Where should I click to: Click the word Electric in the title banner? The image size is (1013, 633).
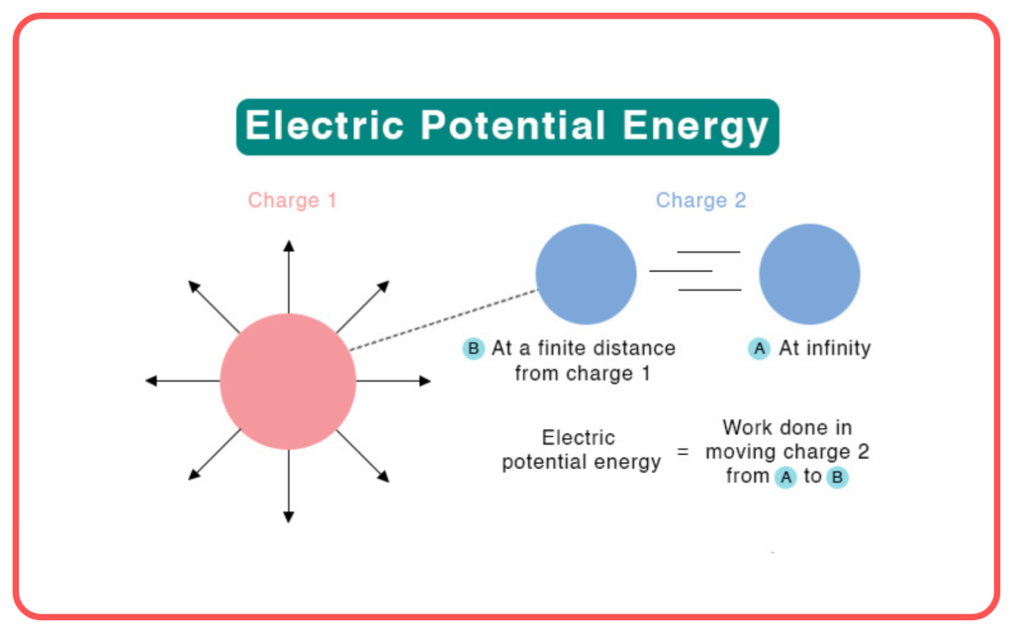tap(324, 125)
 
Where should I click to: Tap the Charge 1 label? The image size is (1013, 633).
tap(292, 200)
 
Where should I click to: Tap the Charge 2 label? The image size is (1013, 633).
tap(701, 200)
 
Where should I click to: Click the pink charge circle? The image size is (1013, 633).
tap(288, 381)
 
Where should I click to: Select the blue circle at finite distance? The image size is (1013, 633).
tap(586, 274)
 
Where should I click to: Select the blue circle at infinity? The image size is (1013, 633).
tap(809, 274)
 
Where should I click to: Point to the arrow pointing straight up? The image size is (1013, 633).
tap(289, 277)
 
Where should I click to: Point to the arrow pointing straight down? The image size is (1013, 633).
tap(289, 486)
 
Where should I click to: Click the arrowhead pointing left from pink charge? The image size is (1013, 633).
tap(151, 381)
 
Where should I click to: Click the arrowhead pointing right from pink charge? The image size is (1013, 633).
tap(425, 381)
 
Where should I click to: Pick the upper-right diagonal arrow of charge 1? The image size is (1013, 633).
tap(363, 307)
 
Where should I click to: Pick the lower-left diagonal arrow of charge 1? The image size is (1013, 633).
tap(215, 455)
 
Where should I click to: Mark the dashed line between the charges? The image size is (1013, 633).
tap(444, 319)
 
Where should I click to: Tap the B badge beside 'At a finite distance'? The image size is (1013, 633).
tap(474, 349)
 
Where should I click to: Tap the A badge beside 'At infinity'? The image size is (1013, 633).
tap(759, 349)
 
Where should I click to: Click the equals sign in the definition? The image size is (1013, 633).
tap(683, 451)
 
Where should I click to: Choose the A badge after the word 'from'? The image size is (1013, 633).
tap(785, 478)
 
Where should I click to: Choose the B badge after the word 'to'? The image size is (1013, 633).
tap(837, 478)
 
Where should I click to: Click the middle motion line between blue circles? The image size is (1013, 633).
tap(681, 271)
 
